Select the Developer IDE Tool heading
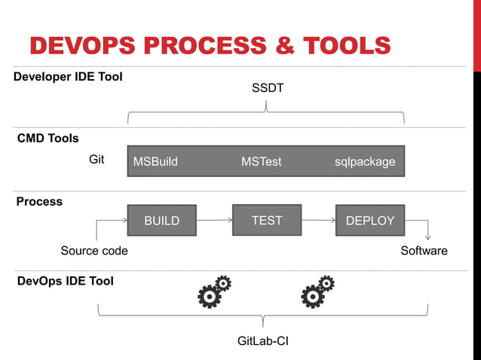(x=68, y=77)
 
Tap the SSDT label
(x=267, y=89)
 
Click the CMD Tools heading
(x=47, y=139)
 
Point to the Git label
(x=97, y=160)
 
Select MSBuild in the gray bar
(x=155, y=161)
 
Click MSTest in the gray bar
(x=261, y=161)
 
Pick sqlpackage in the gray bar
(x=365, y=161)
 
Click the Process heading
(x=39, y=202)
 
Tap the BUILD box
(x=161, y=221)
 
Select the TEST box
(x=266, y=220)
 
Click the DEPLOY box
(x=369, y=221)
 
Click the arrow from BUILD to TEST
(x=214, y=221)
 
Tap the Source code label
(x=94, y=251)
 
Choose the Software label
(x=424, y=251)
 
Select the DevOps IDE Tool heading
(x=65, y=281)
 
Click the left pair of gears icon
(x=213, y=292)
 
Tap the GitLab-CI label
(x=263, y=341)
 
